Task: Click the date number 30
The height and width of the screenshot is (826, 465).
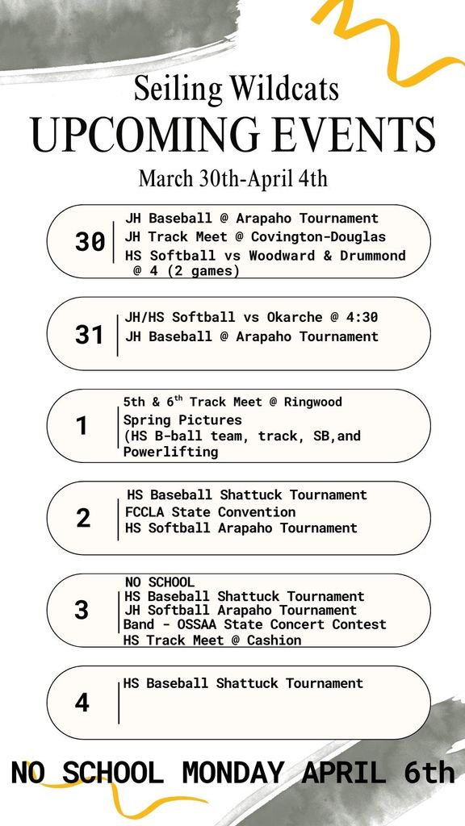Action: pyautogui.click(x=90, y=241)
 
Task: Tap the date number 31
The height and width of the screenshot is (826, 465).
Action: pyautogui.click(x=89, y=334)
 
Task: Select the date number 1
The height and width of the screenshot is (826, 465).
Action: pyautogui.click(x=82, y=426)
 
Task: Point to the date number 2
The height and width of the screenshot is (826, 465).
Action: pyautogui.click(x=83, y=518)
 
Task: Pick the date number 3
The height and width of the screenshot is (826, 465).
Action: pyautogui.click(x=82, y=610)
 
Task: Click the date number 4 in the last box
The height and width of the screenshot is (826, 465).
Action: pyautogui.click(x=82, y=702)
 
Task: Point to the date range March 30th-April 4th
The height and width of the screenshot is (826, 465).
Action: pyautogui.click(x=232, y=177)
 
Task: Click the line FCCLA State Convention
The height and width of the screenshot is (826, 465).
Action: pyautogui.click(x=210, y=512)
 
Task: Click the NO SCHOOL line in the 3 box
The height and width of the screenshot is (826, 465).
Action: pyautogui.click(x=159, y=582)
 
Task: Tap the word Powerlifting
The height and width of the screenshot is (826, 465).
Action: pyautogui.click(x=170, y=452)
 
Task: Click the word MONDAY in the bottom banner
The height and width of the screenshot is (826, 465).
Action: pyautogui.click(x=232, y=773)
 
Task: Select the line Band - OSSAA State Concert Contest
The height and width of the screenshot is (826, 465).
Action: pyautogui.click(x=254, y=624)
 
